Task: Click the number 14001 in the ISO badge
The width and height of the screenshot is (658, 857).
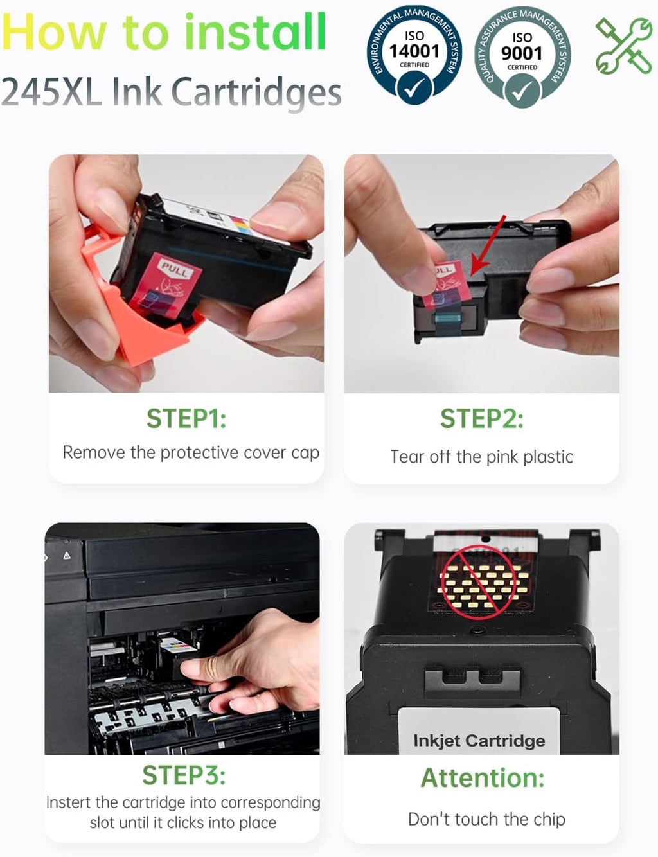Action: coord(414,51)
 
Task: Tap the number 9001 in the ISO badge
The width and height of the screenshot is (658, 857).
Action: coord(522,53)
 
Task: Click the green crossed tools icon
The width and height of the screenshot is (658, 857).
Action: coord(624,46)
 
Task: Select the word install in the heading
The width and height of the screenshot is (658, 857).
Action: coord(255,31)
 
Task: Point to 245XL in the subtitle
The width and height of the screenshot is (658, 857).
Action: coord(51,92)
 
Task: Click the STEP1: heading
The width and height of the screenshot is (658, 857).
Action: coord(186,418)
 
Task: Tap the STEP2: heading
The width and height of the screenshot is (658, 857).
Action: coord(482,418)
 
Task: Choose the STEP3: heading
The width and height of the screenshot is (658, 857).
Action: coord(184,775)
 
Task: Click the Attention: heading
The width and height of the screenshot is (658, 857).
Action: coord(483,778)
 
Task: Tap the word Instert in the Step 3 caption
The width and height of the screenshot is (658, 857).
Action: coord(69,802)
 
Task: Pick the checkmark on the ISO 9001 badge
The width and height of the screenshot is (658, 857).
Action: coord(522,91)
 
